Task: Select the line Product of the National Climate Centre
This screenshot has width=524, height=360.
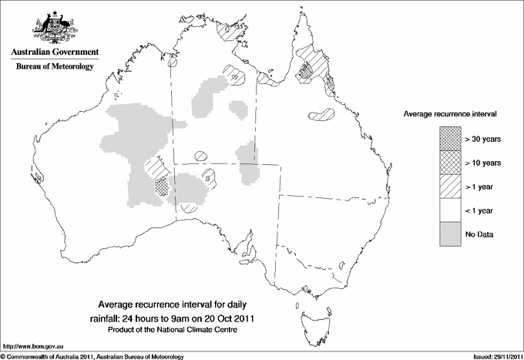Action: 171,330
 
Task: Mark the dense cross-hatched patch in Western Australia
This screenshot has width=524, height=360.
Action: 162,186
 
